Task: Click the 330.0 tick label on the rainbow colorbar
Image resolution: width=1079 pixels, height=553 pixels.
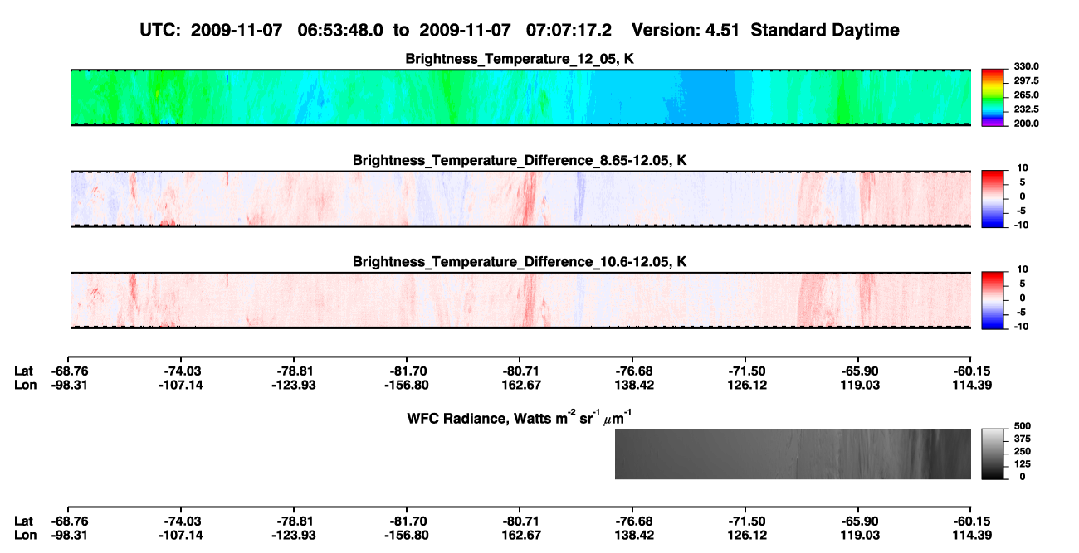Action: tap(1026, 66)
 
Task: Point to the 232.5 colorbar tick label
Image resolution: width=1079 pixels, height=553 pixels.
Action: tap(1026, 109)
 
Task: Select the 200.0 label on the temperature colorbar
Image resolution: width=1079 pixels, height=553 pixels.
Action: tap(1026, 124)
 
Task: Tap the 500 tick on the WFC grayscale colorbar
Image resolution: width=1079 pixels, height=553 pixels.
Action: tap(1022, 426)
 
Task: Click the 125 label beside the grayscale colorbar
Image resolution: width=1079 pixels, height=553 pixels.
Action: tap(1022, 464)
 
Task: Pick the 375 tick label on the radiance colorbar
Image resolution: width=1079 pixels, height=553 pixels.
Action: tap(1022, 439)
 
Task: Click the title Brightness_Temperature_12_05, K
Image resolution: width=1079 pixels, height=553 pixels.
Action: tap(520, 59)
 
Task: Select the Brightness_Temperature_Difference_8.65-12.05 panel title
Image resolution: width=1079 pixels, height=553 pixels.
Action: tap(520, 160)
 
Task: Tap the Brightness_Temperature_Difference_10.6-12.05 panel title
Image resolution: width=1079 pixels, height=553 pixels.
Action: tap(520, 262)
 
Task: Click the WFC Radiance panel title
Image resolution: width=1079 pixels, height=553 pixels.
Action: tap(520, 417)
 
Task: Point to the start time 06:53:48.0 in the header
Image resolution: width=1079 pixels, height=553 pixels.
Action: tap(340, 31)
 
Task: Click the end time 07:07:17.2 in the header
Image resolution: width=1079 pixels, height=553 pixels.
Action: tap(569, 31)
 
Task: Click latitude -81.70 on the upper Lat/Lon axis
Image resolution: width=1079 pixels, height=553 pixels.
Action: tap(407, 371)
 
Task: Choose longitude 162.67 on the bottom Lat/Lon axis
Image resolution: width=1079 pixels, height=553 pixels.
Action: tap(521, 536)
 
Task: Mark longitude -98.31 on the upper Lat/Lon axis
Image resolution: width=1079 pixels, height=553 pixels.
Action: tap(70, 385)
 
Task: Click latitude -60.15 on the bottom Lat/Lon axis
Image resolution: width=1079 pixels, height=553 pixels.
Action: tap(972, 521)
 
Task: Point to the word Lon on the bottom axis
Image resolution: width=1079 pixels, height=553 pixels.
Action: tap(25, 536)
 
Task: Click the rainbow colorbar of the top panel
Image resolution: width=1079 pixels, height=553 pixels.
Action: tap(993, 98)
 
